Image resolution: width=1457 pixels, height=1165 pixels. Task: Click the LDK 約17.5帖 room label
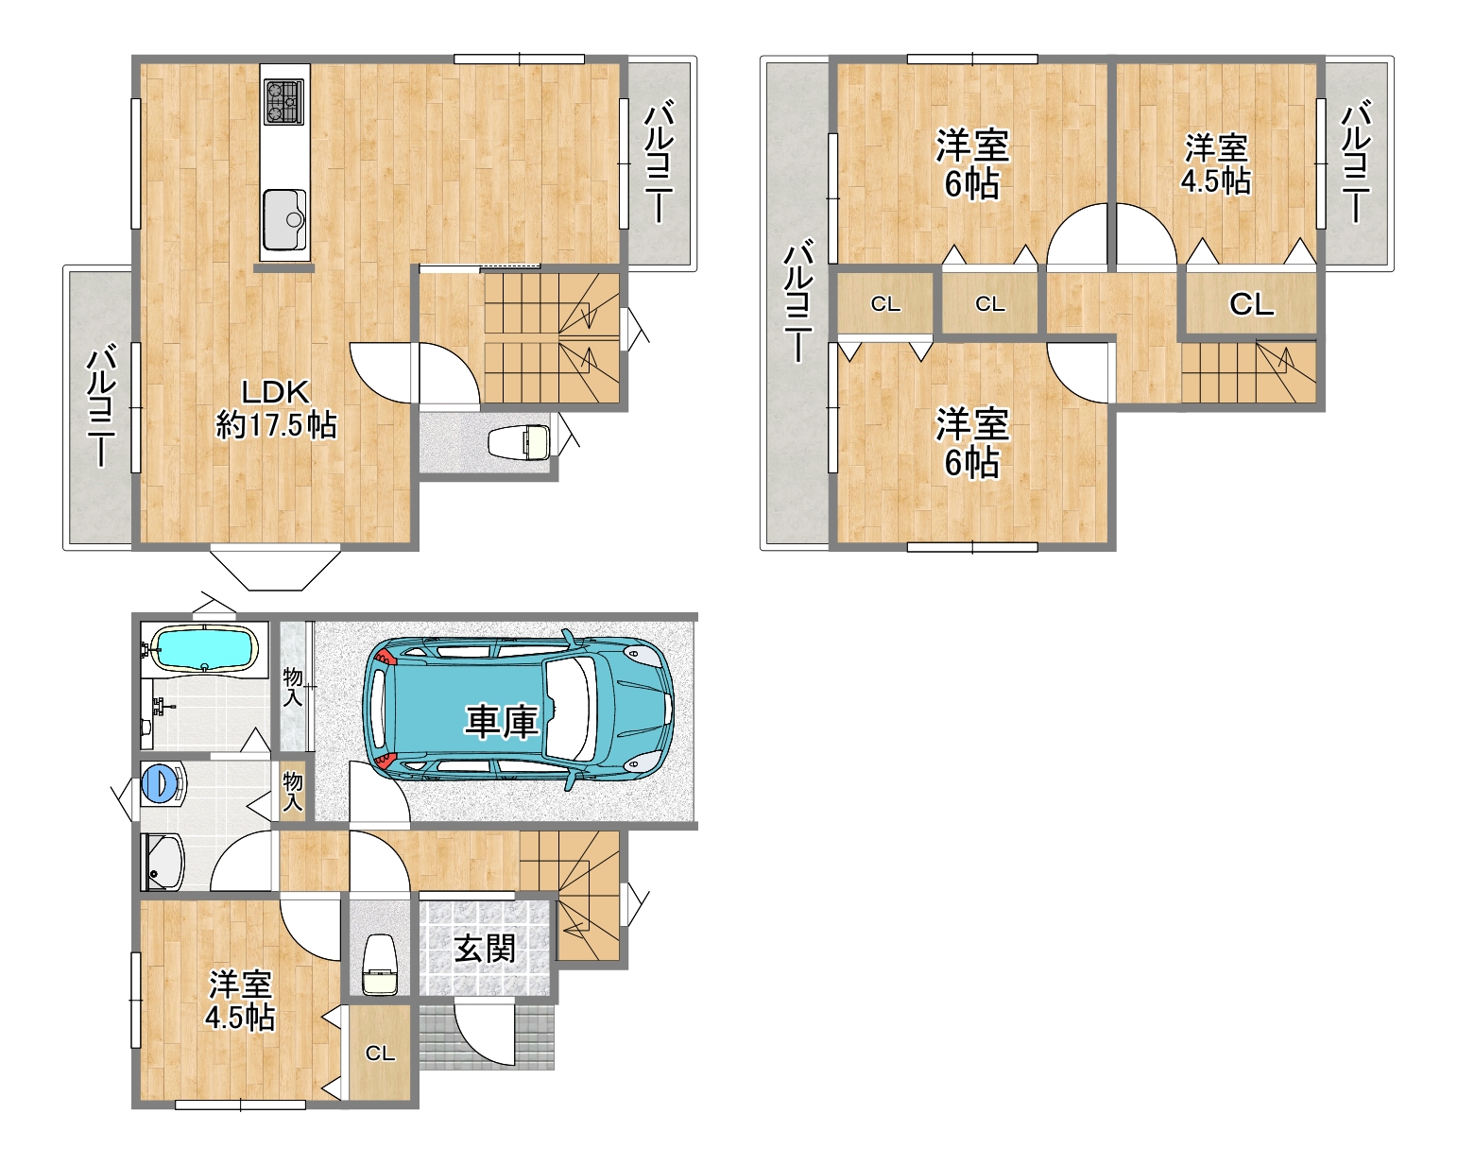pyautogui.click(x=276, y=409)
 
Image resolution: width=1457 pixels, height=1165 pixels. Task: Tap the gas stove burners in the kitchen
pyautogui.click(x=284, y=101)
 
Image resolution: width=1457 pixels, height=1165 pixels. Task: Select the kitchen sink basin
pyautogui.click(x=284, y=219)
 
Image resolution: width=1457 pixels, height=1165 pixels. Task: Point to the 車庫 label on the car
pyautogui.click(x=501, y=722)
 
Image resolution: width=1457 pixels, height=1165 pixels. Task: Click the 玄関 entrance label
pyautogui.click(x=485, y=949)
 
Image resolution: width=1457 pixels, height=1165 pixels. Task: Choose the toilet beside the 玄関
pyautogui.click(x=379, y=965)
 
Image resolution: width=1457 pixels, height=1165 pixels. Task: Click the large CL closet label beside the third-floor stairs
pyautogui.click(x=1251, y=304)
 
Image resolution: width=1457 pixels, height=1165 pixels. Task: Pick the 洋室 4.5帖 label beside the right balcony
pyautogui.click(x=1216, y=164)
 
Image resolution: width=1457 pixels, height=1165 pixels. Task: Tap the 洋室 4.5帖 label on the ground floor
pyautogui.click(x=240, y=1001)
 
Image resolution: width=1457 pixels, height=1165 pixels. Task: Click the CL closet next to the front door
pyautogui.click(x=380, y=1054)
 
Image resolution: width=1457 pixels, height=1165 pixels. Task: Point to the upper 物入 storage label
pyautogui.click(x=293, y=686)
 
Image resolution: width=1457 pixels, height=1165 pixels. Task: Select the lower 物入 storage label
pyautogui.click(x=293, y=792)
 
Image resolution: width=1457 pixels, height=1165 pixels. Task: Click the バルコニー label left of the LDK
pyautogui.click(x=101, y=404)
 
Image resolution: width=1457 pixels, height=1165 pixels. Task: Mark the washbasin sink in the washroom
pyautogui.click(x=163, y=861)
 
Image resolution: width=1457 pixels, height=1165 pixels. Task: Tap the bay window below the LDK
pyautogui.click(x=275, y=567)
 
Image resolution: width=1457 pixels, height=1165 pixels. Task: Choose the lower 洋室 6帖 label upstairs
pyautogui.click(x=972, y=443)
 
